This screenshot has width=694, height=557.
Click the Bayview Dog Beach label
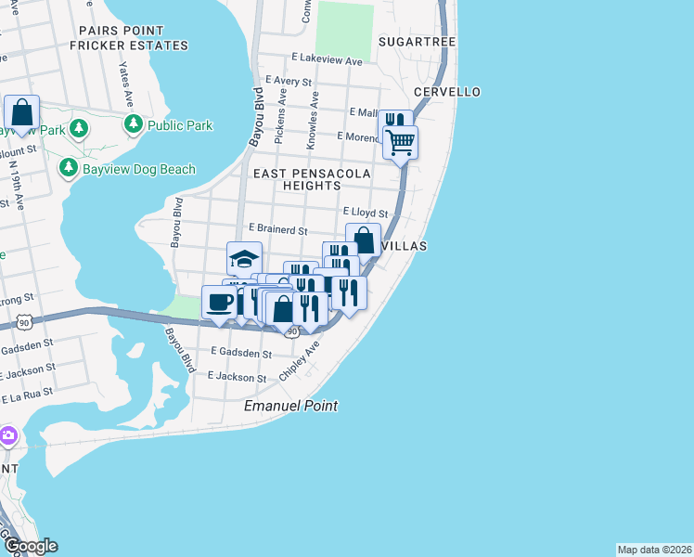138,169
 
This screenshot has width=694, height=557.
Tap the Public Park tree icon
134,124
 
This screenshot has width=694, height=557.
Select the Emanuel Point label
290,407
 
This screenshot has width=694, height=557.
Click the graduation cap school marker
244,259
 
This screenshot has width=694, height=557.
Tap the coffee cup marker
220,303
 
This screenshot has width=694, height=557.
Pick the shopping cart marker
401,143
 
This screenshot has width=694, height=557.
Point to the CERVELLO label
447,92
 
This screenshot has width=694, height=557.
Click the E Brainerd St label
277,229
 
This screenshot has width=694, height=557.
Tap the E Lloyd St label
364,213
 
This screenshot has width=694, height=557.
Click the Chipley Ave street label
300,361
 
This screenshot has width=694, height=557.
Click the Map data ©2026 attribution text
654,550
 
